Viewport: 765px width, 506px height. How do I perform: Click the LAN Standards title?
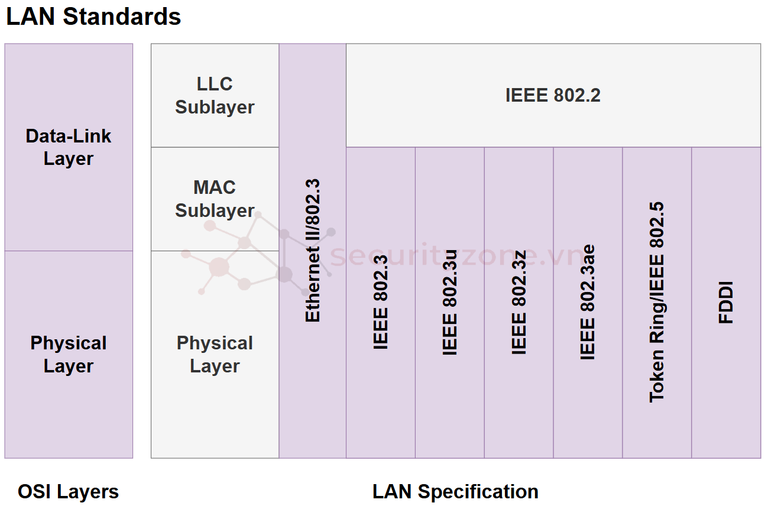point(93,17)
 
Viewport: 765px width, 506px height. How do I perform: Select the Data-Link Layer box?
point(69,147)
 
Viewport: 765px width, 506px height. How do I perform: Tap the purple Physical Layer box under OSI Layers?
point(69,354)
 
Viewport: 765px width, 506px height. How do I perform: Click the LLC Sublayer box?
point(215,95)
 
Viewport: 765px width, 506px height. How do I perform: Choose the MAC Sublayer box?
point(215,199)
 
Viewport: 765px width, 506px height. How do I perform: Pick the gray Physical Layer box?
point(215,354)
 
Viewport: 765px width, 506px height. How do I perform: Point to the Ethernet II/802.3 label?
point(312,251)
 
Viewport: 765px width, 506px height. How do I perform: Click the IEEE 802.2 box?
point(553,95)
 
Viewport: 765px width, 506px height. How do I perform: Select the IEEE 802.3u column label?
point(450,302)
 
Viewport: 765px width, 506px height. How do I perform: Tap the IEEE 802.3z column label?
point(518,302)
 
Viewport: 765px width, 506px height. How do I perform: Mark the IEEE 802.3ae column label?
point(588,302)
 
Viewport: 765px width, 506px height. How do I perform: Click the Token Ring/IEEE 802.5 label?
point(657,302)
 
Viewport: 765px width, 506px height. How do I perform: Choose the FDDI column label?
point(726,302)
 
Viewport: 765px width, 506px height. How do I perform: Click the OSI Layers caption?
point(69,491)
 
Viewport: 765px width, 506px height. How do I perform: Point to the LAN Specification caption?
point(455,491)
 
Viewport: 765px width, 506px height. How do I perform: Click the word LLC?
point(215,84)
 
